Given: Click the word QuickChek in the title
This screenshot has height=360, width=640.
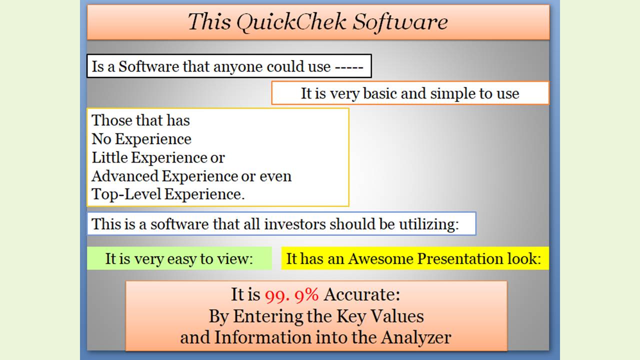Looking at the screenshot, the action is tap(291, 22).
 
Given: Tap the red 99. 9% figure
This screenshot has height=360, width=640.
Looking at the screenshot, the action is tap(291, 295).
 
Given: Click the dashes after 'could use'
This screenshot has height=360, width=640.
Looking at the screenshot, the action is tap(349, 67).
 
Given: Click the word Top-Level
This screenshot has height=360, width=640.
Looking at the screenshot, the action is tap(126, 194).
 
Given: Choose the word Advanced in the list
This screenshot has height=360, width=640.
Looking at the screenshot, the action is tap(125, 176).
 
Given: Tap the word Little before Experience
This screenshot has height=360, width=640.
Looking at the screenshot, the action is tap(109, 157).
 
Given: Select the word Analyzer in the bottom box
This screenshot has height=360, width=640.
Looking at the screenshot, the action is tap(415, 337).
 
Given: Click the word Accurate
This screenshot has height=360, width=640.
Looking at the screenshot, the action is tap(361, 294).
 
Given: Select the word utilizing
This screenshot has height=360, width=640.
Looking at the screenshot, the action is tap(428, 224).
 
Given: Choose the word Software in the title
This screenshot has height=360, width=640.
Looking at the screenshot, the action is tap(400, 22).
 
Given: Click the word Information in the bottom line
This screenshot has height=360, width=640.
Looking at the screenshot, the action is tap(263, 337).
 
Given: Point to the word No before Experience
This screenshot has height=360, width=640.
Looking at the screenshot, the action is tap(101, 139).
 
